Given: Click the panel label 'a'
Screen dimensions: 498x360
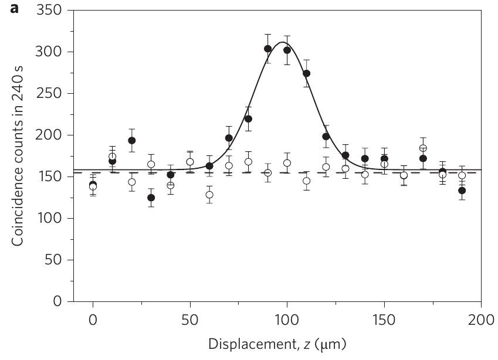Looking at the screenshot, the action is (14, 9).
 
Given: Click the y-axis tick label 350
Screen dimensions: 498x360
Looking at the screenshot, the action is (49, 10).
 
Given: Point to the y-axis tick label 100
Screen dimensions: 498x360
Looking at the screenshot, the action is (49, 218).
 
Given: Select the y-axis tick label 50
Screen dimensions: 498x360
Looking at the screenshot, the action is (53, 260).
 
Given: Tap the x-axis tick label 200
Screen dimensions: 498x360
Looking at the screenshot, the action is (481, 320).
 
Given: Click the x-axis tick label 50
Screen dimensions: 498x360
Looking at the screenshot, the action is (190, 320).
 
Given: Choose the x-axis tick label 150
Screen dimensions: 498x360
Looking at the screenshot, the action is (384, 320).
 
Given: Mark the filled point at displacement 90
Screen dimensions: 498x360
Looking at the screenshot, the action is (267, 49).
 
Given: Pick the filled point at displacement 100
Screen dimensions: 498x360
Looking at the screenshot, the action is (287, 50).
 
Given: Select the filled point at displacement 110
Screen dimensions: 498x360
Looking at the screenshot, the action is (307, 73).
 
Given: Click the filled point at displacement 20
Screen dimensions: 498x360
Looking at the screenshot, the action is (132, 140).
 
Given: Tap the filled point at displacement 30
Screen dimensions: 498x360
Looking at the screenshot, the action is (151, 198).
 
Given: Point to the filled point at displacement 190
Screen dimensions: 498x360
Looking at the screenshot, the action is (462, 191).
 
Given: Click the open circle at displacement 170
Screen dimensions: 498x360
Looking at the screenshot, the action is (423, 148).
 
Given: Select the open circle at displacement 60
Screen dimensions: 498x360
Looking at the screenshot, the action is (209, 195).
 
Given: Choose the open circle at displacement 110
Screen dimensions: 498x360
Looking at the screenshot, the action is (307, 181).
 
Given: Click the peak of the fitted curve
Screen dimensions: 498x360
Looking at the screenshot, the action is (282, 42).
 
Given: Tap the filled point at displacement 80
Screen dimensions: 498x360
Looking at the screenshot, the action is (248, 119).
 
